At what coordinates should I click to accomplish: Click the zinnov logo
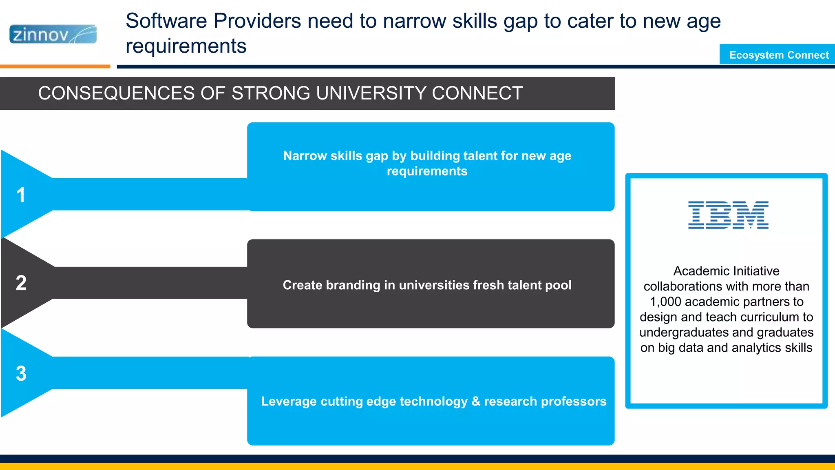[x=53, y=34]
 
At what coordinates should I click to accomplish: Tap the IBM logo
[x=728, y=215]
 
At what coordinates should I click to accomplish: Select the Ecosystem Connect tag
[x=779, y=55]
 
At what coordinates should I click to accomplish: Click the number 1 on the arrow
[x=21, y=195]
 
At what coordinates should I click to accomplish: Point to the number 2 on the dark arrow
[x=21, y=283]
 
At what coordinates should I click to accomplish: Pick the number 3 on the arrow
[x=21, y=373]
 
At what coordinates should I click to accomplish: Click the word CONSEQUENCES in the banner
[x=116, y=93]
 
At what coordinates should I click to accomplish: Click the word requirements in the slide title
[x=186, y=46]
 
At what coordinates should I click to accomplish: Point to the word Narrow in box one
[x=302, y=156]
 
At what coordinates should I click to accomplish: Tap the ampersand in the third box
[x=475, y=401]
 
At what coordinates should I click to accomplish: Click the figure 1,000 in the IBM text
[x=665, y=302]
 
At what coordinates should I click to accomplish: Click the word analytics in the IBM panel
[x=754, y=348]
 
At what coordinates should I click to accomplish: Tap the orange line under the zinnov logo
[x=55, y=66]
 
